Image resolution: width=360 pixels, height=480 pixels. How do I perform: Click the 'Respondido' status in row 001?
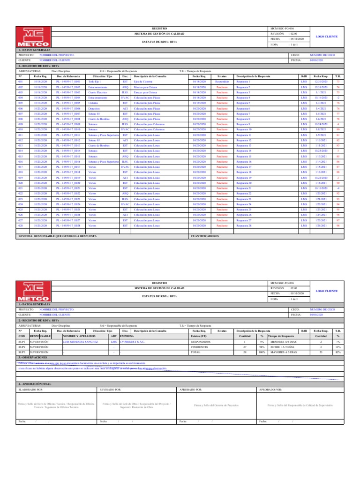222,82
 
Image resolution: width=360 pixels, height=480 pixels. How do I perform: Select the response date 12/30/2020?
321,82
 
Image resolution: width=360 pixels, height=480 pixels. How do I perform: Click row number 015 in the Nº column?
21,156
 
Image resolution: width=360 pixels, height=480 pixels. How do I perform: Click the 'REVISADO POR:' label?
111,390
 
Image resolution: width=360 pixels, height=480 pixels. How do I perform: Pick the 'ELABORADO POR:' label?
31,390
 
